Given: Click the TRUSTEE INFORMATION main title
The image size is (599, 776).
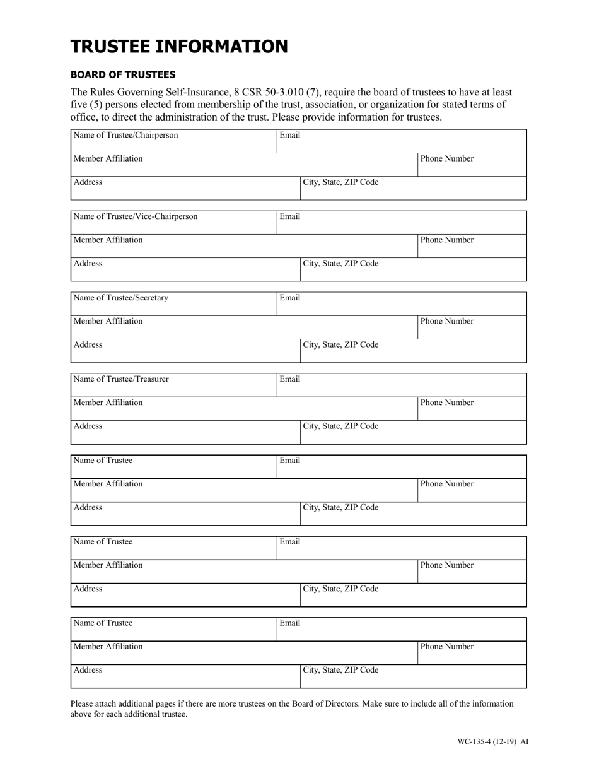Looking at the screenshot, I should pyautogui.click(x=179, y=47).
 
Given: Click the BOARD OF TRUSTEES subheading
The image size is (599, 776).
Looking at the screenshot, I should pyautogui.click(x=123, y=74).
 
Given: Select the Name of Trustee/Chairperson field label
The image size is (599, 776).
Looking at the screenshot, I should pyautogui.click(x=126, y=135).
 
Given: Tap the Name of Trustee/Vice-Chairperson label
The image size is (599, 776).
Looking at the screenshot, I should pyautogui.click(x=136, y=216).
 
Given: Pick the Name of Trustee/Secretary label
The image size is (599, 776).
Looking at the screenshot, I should pyautogui.click(x=121, y=298).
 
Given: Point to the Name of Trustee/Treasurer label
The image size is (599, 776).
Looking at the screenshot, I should pyautogui.click(x=121, y=379).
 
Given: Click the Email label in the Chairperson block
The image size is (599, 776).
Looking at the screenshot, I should pyautogui.click(x=289, y=135).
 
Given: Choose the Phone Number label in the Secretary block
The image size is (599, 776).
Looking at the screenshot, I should pyautogui.click(x=446, y=321).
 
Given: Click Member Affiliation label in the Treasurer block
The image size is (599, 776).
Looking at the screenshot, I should pyautogui.click(x=108, y=403).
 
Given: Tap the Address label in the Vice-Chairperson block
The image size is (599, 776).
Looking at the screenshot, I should pyautogui.click(x=88, y=264).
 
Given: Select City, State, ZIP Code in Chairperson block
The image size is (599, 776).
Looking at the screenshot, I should pyautogui.click(x=341, y=182).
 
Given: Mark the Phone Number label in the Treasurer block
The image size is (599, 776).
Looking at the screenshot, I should pyautogui.click(x=446, y=403).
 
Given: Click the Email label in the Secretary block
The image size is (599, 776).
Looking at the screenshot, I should pyautogui.click(x=289, y=298).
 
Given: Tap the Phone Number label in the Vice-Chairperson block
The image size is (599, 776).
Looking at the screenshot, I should pyautogui.click(x=446, y=240).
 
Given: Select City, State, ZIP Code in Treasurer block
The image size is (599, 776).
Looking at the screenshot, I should pyautogui.click(x=341, y=426).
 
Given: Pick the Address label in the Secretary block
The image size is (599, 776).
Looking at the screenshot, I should pyautogui.click(x=88, y=345).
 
